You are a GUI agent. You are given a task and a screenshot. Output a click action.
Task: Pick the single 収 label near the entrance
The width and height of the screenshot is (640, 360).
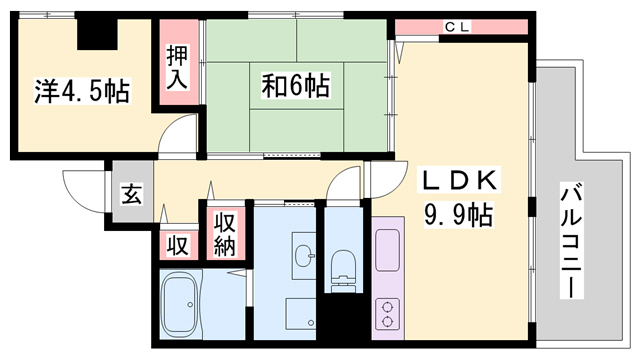pos(177,244)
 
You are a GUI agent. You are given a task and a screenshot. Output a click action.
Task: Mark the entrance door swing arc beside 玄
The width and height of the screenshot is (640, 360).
pos(82,188)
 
